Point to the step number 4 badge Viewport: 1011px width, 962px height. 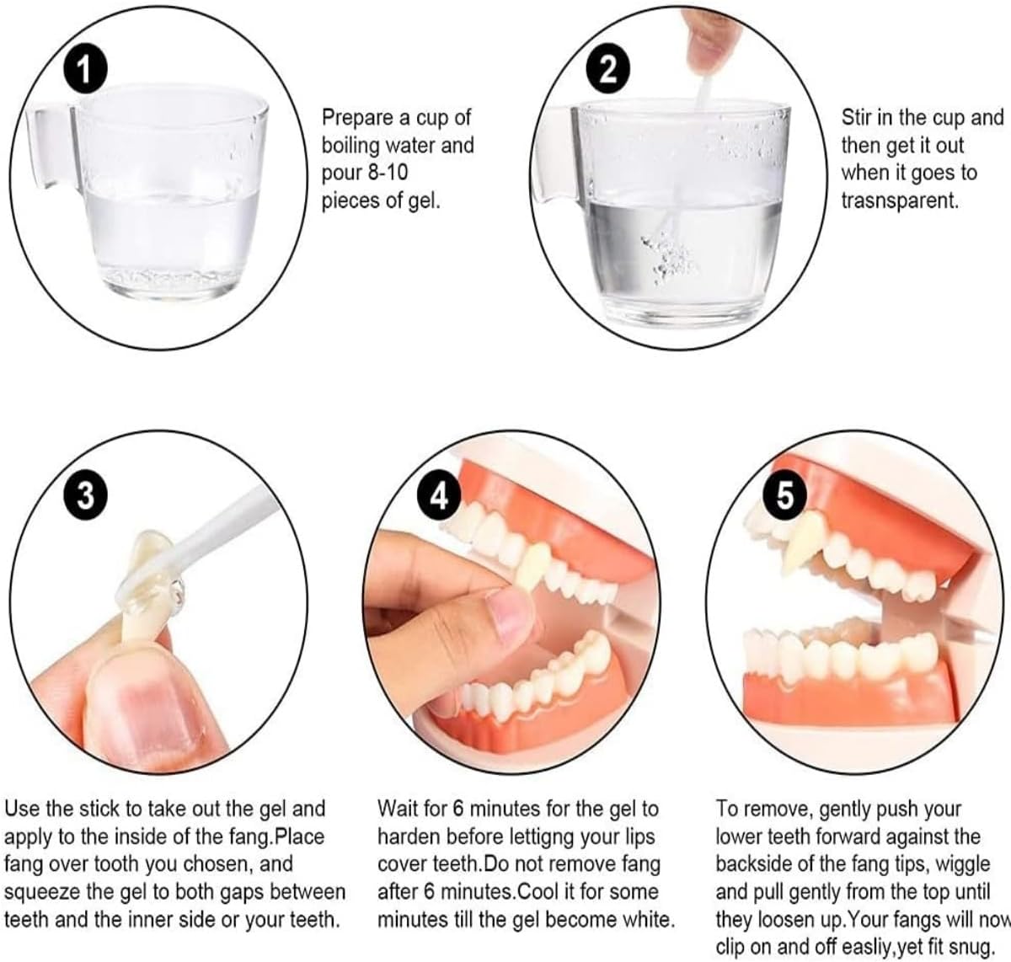click(x=439, y=496)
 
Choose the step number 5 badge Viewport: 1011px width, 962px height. click(x=784, y=495)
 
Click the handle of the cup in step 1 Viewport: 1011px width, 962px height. click(x=51, y=147)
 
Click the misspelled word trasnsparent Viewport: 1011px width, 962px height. click(x=900, y=200)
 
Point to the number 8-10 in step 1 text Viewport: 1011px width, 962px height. click(x=388, y=173)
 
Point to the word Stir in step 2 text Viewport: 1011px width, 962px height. click(x=858, y=118)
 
